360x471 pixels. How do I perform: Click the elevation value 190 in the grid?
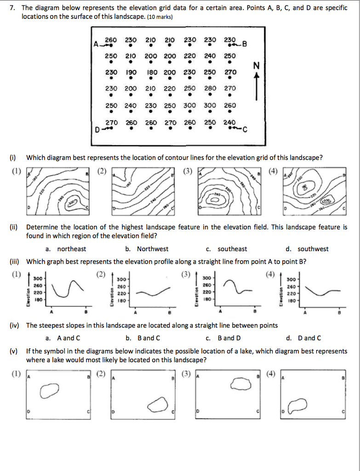click(x=131, y=72)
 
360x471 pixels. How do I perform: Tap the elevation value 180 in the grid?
click(x=152, y=72)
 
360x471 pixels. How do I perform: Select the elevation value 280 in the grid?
click(x=210, y=88)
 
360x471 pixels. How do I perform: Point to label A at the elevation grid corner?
click(x=96, y=45)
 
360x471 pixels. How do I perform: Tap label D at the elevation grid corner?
click(x=97, y=129)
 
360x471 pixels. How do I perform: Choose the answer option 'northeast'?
click(x=71, y=249)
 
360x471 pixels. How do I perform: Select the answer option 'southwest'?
click(x=313, y=249)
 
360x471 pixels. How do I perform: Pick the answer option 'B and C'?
click(x=149, y=338)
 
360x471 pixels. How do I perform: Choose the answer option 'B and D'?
click(x=229, y=338)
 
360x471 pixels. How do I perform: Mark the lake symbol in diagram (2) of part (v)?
click(x=158, y=406)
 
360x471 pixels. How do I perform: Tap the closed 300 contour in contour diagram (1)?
click(x=73, y=202)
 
